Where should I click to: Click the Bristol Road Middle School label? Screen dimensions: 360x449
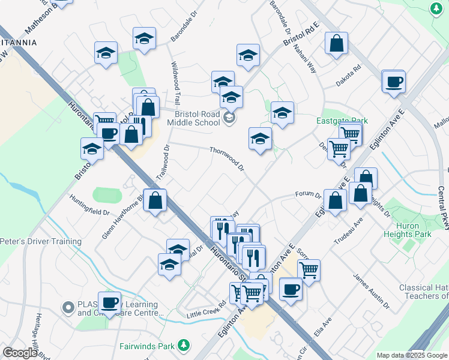pyautogui.click(x=197, y=118)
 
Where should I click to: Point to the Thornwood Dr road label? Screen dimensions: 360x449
pyautogui.click(x=226, y=158)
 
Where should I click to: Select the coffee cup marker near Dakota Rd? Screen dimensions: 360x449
pyautogui.click(x=394, y=82)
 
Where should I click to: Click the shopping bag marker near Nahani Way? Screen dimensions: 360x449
pyautogui.click(x=337, y=44)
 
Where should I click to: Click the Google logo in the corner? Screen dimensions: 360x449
pyautogui.click(x=20, y=353)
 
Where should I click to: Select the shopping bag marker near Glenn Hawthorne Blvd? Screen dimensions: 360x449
pyautogui.click(x=155, y=202)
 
